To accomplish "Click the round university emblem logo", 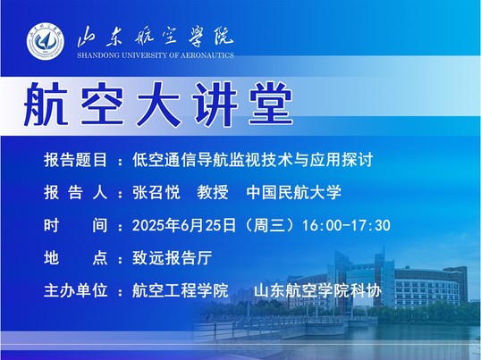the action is pyautogui.click(x=46, y=41).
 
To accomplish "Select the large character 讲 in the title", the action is pyautogui.click(x=215, y=105).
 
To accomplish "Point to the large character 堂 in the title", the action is pyautogui.click(x=271, y=104).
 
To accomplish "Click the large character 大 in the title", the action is pyautogui.click(x=158, y=105).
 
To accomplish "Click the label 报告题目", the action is pyautogui.click(x=75, y=160).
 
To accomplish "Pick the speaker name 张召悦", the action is pyautogui.click(x=156, y=193).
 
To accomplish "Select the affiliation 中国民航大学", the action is pyautogui.click(x=294, y=193).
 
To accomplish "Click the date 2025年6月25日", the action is pyautogui.click(x=184, y=225).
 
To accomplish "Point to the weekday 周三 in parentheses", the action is pyautogui.click(x=269, y=225).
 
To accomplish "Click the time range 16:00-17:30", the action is pyautogui.click(x=346, y=225).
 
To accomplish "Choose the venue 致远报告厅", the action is pyautogui.click(x=172, y=258).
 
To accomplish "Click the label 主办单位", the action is pyautogui.click(x=75, y=290).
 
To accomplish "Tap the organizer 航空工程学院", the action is pyautogui.click(x=181, y=290).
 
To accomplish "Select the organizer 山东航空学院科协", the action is pyautogui.click(x=317, y=290).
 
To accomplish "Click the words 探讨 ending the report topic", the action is pyautogui.click(x=358, y=160).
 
